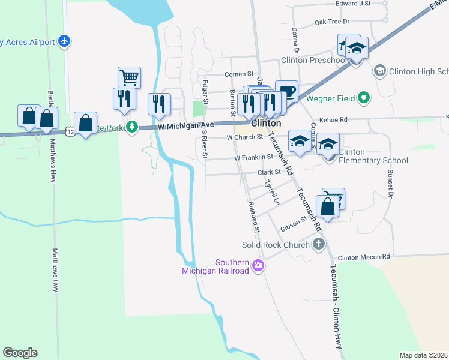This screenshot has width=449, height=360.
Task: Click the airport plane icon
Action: [65, 41]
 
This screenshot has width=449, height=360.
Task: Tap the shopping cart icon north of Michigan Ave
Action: [129, 77]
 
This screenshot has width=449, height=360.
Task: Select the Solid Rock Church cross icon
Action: [319, 244]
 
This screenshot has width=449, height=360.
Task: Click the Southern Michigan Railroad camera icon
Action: [258, 265]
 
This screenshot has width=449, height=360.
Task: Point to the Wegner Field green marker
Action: [364, 97]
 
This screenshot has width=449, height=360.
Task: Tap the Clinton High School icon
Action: [379, 71]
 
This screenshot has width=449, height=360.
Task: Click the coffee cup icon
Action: [286, 91]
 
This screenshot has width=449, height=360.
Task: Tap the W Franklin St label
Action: [253, 157]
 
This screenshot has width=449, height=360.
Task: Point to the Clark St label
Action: [269, 172]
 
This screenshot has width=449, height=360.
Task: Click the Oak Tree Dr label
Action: [332, 22]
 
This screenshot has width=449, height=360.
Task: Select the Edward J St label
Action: [354, 4]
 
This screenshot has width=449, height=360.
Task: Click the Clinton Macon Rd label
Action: [364, 257]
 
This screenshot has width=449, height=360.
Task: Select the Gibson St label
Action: [294, 224]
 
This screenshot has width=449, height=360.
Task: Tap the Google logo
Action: [20, 353]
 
